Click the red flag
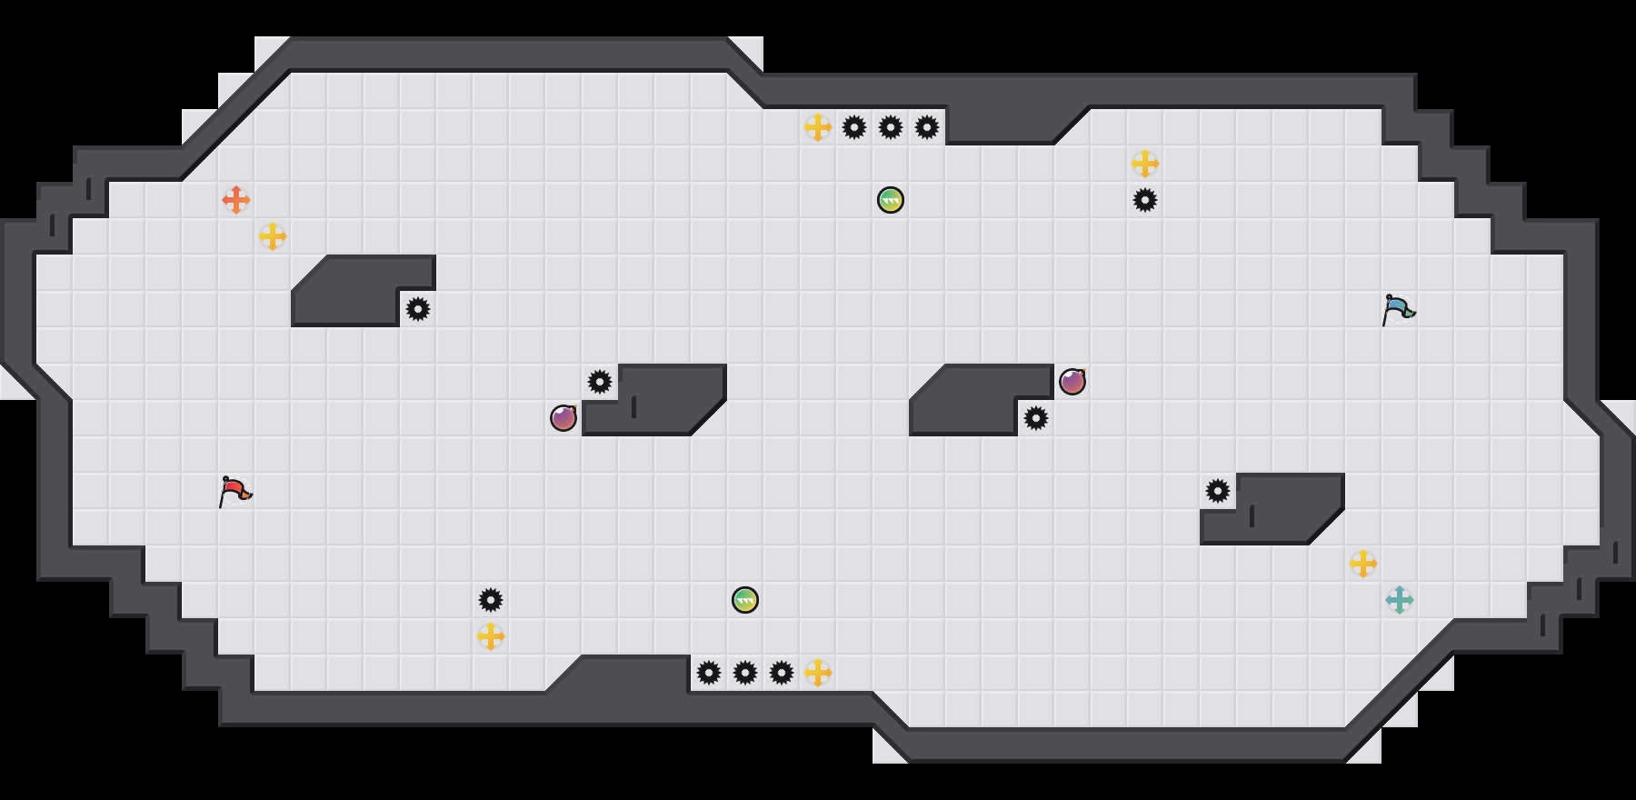pos(234,491)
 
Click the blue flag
pos(1398,309)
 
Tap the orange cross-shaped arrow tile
pos(236,200)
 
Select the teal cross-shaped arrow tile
pos(1400,600)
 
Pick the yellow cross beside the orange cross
pos(273,236)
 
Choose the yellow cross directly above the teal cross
pos(1363,564)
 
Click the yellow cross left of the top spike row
pos(818,127)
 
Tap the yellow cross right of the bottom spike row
pos(818,673)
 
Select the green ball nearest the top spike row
pos(891,200)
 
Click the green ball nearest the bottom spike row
pos(745,600)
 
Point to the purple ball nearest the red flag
pos(564,418)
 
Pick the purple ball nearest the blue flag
pos(1072,382)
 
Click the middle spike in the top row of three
pos(891,127)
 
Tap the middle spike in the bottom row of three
pos(745,673)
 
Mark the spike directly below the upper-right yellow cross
pos(1145,200)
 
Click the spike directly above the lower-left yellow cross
pos(491,600)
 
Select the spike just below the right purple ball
pos(1036,418)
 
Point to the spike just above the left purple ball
pos(600,382)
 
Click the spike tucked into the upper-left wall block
pos(418,309)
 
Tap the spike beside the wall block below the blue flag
pos(1218,491)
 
